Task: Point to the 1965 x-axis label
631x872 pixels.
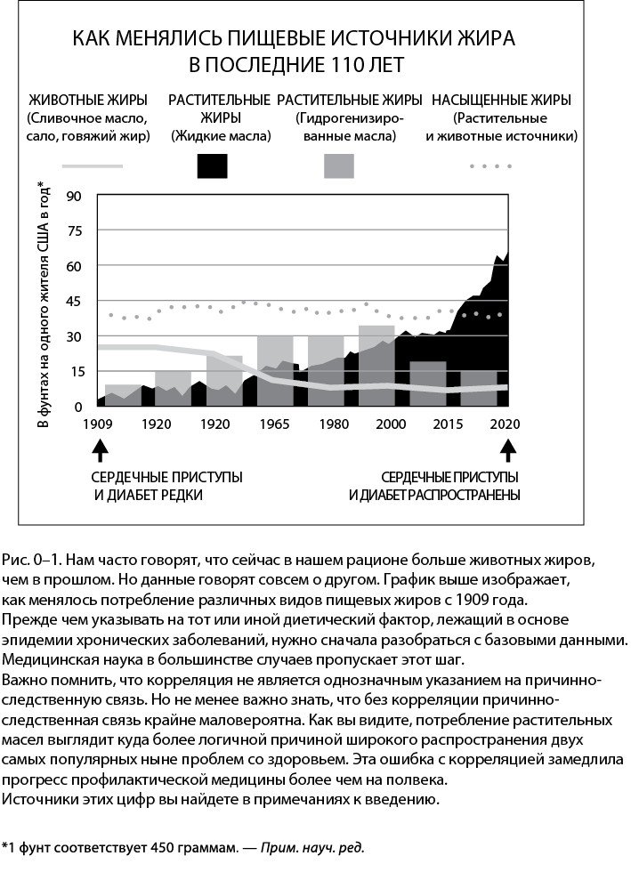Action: [x=274, y=424]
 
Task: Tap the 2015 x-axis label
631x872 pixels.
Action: [x=446, y=424]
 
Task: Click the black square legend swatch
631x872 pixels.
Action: [x=212, y=166]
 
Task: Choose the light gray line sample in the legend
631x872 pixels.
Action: [x=92, y=166]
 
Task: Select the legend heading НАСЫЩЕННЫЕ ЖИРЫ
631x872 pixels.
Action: [x=501, y=100]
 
